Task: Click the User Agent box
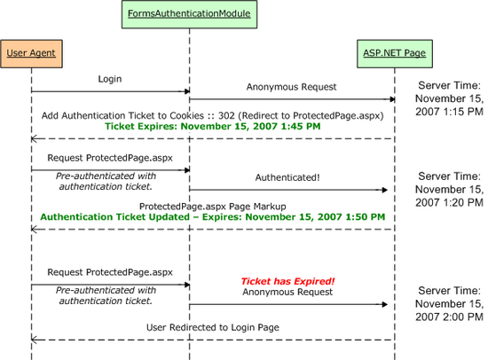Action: coord(31,53)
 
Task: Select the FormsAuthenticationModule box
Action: coord(189,14)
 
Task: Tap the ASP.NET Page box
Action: coord(393,53)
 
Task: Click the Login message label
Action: coord(110,79)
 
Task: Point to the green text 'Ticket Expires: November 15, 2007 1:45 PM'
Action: coord(212,127)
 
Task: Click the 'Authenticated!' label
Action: coord(289,177)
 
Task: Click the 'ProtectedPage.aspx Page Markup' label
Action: coord(212,205)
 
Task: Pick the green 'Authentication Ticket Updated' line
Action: coord(212,216)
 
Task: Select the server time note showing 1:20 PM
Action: coord(450,190)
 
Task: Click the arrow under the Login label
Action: coord(110,90)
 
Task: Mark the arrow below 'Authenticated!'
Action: coord(289,190)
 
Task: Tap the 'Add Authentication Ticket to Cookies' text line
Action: coord(212,115)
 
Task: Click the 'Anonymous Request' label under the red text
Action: coord(288,291)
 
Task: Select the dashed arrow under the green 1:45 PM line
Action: coord(212,138)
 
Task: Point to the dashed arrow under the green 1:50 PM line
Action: coord(212,229)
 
